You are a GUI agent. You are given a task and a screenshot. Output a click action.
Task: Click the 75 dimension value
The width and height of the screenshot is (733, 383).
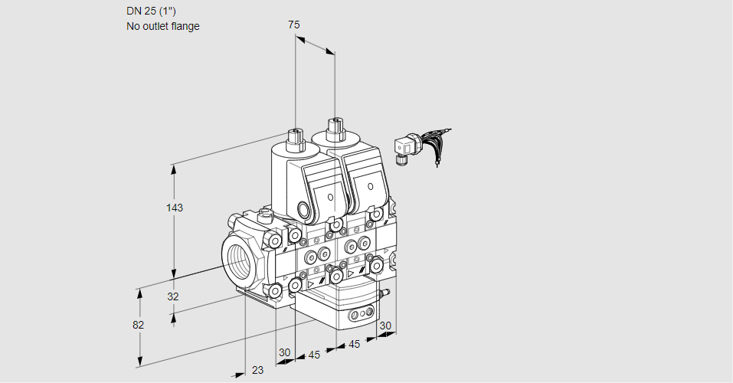point(293,25)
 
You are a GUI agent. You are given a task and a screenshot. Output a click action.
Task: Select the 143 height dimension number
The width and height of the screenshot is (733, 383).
point(175,208)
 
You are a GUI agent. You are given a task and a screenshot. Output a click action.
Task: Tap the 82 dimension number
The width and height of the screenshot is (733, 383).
point(139,325)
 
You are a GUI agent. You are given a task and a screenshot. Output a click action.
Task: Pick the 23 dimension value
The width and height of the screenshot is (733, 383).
point(257,370)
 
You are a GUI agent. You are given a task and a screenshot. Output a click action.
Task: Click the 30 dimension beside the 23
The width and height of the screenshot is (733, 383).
point(285,352)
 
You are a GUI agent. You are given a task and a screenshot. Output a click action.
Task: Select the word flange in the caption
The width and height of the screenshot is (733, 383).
point(185,26)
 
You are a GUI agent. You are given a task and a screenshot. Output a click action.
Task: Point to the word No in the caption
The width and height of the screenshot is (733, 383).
point(133,26)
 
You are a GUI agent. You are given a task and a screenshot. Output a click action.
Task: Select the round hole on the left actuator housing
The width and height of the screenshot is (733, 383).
point(304,211)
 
